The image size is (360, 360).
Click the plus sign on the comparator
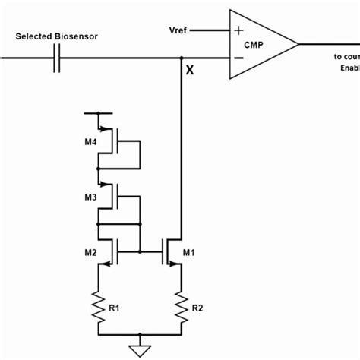pos(239,30)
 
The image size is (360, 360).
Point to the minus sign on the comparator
pos(239,58)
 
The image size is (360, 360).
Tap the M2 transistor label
pos(89,251)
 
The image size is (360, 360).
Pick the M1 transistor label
pos(191,251)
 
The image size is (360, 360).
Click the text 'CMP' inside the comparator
pos(253,44)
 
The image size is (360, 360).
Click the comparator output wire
pos(327,44)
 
